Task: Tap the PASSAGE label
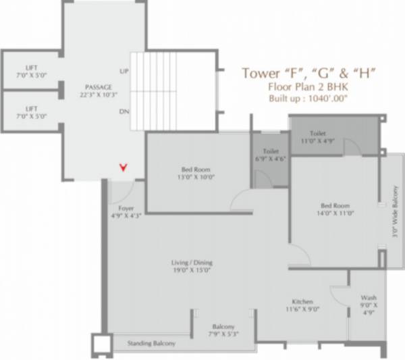(x=98, y=87)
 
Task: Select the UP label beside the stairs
(x=124, y=71)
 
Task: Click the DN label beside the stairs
(x=124, y=111)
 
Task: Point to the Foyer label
(x=126, y=209)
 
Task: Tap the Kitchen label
(x=301, y=301)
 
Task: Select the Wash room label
(x=368, y=297)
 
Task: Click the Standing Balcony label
(x=151, y=344)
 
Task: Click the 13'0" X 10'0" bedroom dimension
(x=196, y=178)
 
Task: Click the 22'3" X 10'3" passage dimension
(x=98, y=96)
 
